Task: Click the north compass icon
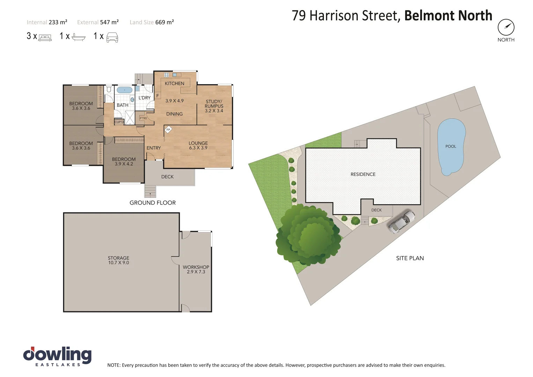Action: (506, 27)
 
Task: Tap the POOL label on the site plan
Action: (451, 146)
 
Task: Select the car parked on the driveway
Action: (402, 222)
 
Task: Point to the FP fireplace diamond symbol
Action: (168, 130)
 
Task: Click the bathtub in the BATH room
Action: (124, 90)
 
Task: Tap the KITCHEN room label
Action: (174, 83)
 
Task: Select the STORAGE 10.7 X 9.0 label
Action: (118, 260)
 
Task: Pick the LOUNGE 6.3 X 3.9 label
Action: (198, 145)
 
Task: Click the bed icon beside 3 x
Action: (45, 37)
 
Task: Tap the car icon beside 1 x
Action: (112, 37)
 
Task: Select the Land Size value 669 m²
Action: (164, 22)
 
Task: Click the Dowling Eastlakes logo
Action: (57, 356)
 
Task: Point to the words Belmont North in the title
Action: (448, 16)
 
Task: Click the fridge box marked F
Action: (157, 96)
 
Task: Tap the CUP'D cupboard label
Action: (119, 122)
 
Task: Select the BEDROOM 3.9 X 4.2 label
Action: (124, 161)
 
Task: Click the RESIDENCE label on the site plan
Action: (363, 174)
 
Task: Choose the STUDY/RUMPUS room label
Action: (214, 106)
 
